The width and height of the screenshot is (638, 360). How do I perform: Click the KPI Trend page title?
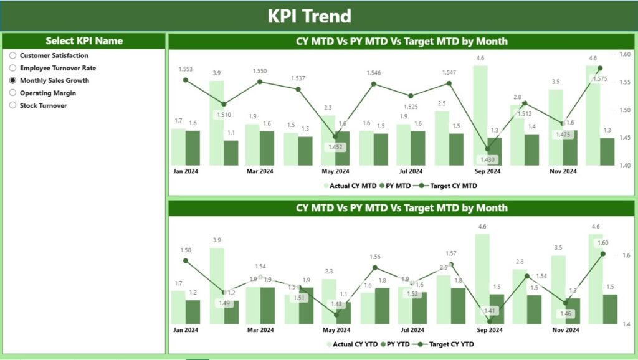(310, 16)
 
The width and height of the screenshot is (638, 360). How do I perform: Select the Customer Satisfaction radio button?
(12, 55)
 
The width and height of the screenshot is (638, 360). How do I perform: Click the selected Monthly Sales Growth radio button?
(12, 80)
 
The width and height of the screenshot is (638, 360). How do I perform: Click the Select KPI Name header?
(84, 41)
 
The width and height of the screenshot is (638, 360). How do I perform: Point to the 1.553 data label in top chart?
(186, 69)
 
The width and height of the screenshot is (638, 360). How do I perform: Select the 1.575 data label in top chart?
(600, 79)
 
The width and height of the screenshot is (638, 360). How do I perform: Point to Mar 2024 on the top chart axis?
(260, 171)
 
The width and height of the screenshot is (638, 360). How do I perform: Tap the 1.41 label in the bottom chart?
(489, 310)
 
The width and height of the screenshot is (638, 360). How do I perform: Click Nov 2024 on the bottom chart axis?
(566, 329)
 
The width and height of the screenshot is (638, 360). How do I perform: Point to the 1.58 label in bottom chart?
(185, 250)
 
